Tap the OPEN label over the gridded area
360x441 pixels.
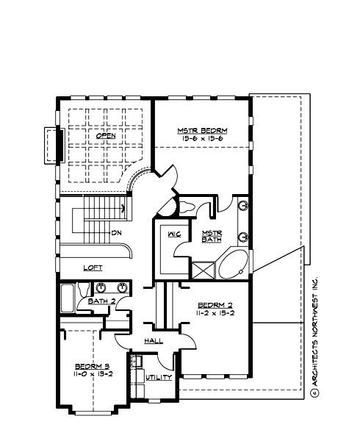coord(106,136)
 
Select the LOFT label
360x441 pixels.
coord(93,268)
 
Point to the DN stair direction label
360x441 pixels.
coord(116,233)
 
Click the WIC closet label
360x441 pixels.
coord(174,234)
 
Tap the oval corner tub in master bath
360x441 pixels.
coord(234,265)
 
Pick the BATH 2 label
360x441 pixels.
coord(101,301)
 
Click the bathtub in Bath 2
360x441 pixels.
coord(67,299)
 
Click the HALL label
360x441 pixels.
coord(154,340)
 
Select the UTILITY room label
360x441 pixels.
coord(158,377)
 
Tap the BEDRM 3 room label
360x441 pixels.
coord(91,365)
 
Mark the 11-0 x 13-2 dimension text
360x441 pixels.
coord(91,374)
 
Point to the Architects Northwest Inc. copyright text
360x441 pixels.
coord(314,338)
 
